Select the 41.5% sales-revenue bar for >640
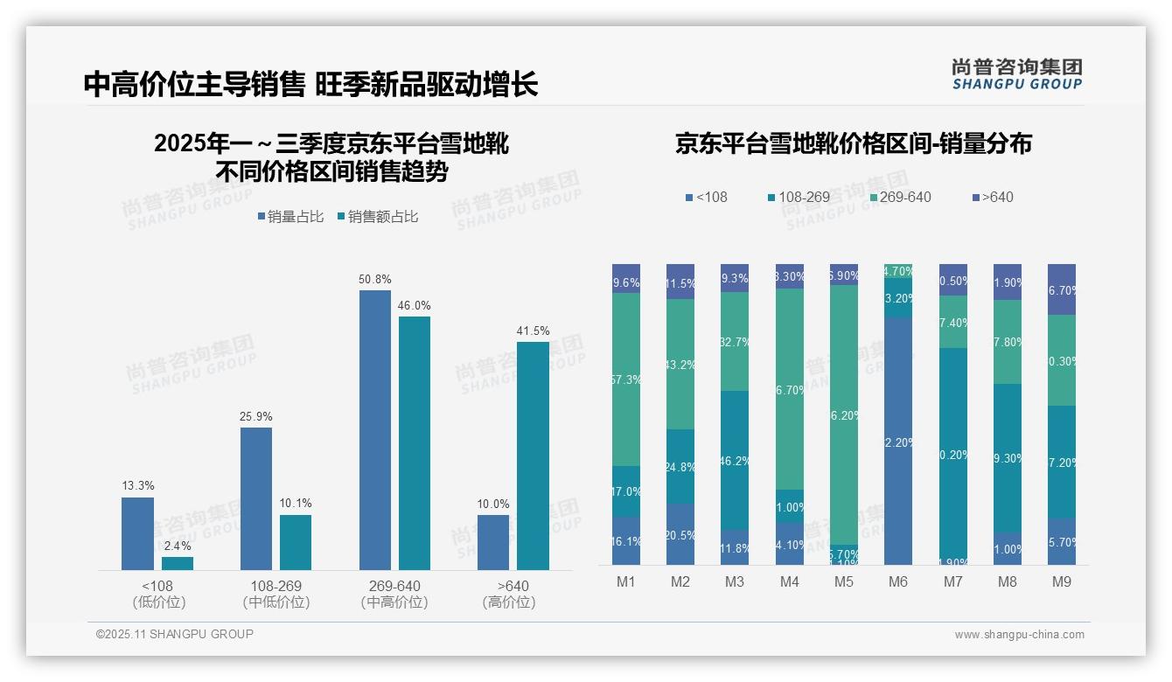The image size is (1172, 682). pos(533,456)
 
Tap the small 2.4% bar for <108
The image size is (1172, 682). pos(178,563)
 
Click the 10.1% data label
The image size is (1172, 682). pos(296,503)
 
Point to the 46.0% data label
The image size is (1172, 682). pos(415,305)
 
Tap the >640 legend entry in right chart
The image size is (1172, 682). pos(990,197)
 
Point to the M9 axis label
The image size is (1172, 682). pos(1062,581)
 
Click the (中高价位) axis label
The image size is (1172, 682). pos(394,602)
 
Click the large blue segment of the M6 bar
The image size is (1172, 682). pos(898,442)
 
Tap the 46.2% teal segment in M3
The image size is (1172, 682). pos(735,459)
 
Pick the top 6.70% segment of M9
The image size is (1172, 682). pos(1062,289)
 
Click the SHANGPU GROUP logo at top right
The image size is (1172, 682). pos(1016,73)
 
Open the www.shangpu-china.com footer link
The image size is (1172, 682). pos(1019,635)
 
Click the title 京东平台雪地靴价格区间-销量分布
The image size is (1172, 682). pos(853,143)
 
